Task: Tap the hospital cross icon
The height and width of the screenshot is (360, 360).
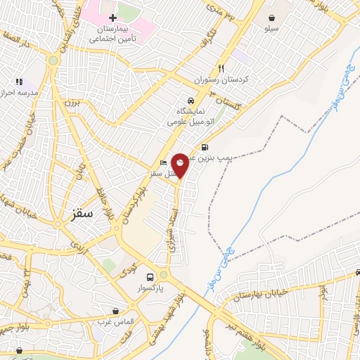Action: pyautogui.click(x=112, y=16)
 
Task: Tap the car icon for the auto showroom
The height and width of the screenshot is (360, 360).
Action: pyautogui.click(x=190, y=100)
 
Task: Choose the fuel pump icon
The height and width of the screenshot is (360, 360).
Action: pyautogui.click(x=204, y=147)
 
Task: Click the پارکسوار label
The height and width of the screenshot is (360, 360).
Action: pyautogui.click(x=149, y=288)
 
